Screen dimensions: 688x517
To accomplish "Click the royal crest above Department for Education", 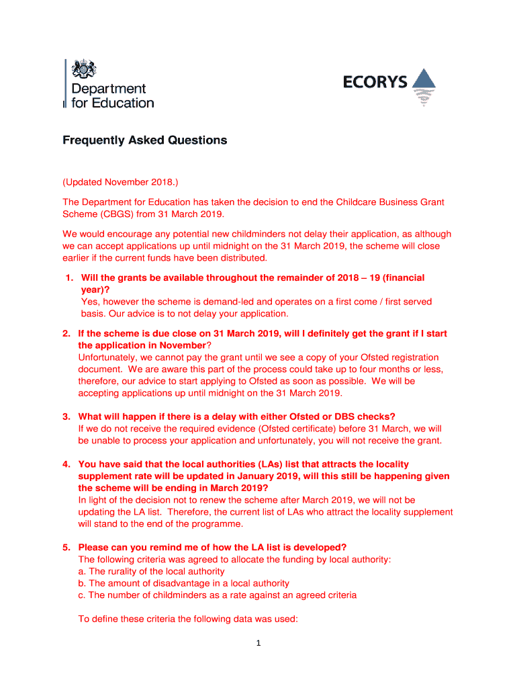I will (85, 69).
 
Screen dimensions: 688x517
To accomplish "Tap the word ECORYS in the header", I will (375, 83).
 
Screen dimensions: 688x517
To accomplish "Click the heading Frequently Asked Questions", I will (144, 140).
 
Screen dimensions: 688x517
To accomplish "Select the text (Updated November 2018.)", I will (121, 182).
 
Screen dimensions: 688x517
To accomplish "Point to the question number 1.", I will (68, 278).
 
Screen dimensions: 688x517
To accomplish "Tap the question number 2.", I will (66, 334).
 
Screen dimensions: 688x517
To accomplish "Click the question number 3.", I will (66, 417).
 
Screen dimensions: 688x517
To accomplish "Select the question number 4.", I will (66, 464).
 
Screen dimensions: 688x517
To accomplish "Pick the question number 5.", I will (66, 548).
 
